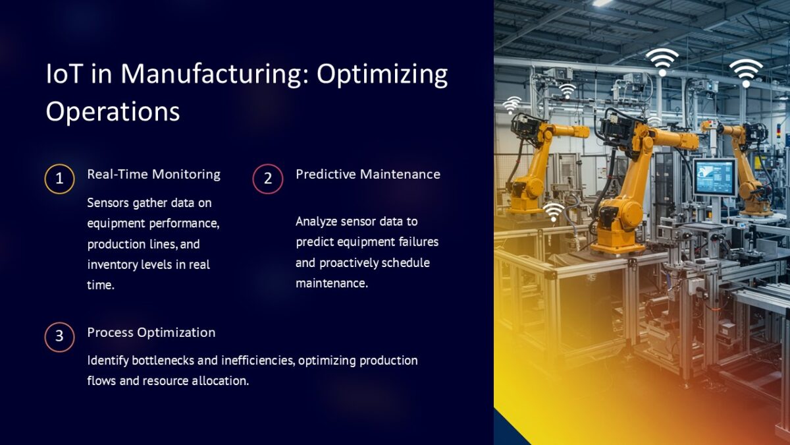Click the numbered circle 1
coord(59,179)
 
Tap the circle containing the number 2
coord(268,179)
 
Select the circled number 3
coord(59,337)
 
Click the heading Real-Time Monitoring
coord(153,174)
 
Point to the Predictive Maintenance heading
coord(367,174)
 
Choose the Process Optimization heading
coord(151,332)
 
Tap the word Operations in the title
coord(113,111)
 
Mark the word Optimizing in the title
coord(382,73)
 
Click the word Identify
coord(107,361)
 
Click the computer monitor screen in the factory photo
coord(715,176)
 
